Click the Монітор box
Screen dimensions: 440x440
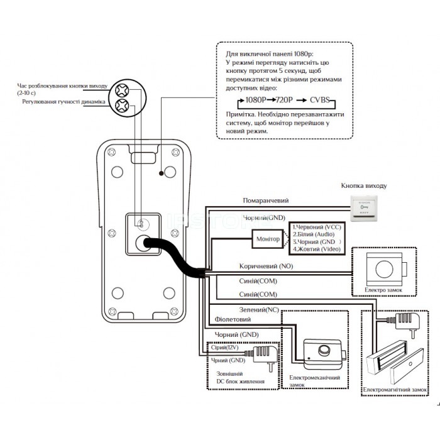267,239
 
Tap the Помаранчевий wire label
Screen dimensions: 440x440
266,201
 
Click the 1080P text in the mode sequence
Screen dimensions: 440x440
257,101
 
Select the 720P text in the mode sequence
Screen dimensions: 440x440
286,101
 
